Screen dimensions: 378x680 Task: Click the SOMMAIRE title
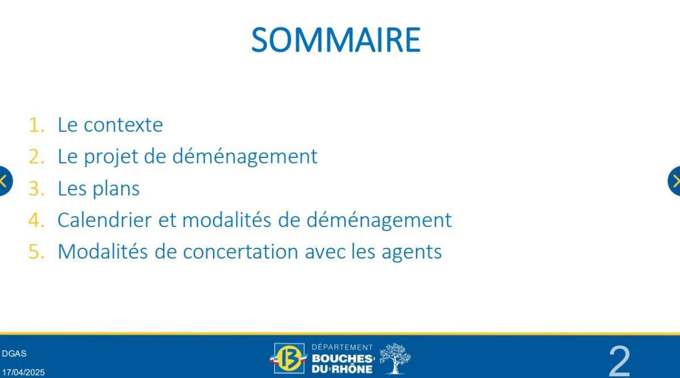click(335, 40)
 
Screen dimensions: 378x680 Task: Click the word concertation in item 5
click(240, 251)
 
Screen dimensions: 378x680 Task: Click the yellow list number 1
click(36, 124)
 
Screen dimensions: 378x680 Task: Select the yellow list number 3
click(36, 188)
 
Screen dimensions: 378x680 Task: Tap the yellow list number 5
click(36, 251)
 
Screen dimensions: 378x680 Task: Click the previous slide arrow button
click(5, 181)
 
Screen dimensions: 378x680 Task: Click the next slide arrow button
click(675, 181)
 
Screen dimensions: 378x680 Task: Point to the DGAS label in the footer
click(14, 354)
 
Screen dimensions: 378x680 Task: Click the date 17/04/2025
click(23, 372)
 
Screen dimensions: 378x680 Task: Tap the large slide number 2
click(619, 360)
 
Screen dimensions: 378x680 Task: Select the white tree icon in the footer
click(395, 358)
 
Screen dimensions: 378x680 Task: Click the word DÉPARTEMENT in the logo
click(342, 347)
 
